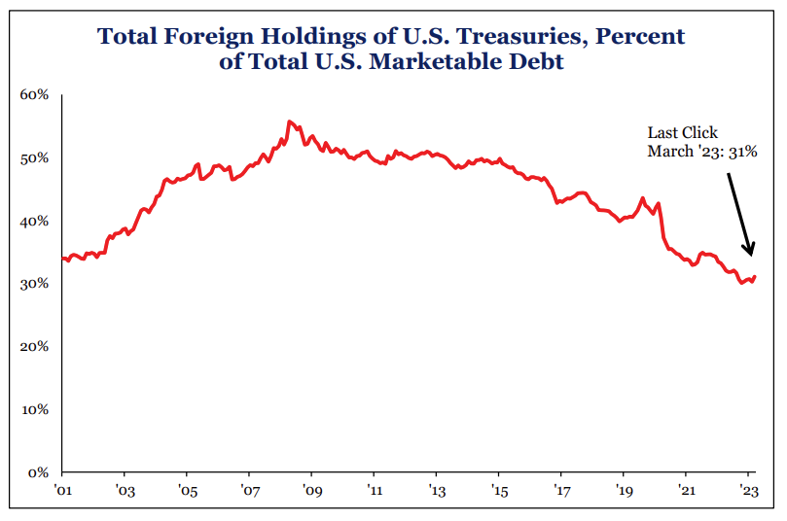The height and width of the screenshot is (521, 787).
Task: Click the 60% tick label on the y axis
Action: pyautogui.click(x=35, y=95)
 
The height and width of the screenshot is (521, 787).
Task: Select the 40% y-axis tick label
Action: pyautogui.click(x=35, y=221)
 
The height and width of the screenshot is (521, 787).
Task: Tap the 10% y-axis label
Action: pyautogui.click(x=35, y=409)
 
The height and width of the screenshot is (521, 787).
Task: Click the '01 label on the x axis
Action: pyautogui.click(x=63, y=491)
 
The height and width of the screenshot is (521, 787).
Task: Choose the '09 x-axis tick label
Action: pyautogui.click(x=311, y=491)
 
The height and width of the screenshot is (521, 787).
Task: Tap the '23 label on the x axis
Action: pyautogui.click(x=749, y=491)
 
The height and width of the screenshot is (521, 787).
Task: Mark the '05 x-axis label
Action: pyautogui.click(x=188, y=491)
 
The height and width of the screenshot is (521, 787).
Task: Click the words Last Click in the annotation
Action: pyautogui.click(x=683, y=133)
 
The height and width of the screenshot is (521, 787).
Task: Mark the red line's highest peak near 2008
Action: pyautogui.click(x=289, y=122)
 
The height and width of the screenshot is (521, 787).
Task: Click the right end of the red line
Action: pyautogui.click(x=755, y=277)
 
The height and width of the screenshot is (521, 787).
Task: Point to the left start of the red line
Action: pyautogui.click(x=62, y=258)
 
